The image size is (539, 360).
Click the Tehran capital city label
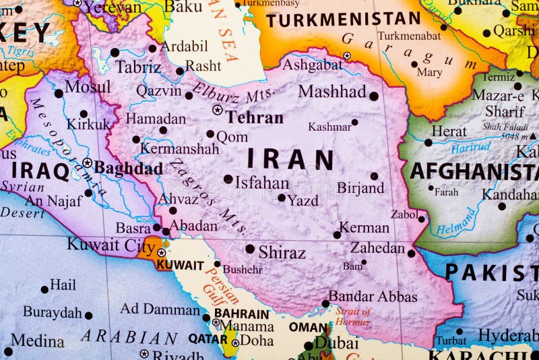click(x=254, y=117)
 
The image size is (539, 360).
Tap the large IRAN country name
click(x=290, y=160)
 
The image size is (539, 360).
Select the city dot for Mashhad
click(x=374, y=96)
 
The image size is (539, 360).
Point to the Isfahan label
click(x=261, y=182)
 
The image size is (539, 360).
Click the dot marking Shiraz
click(x=250, y=249)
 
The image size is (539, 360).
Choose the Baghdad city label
click(x=128, y=168)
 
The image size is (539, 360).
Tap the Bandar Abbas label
click(x=373, y=297)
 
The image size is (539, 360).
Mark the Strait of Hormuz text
click(x=353, y=317)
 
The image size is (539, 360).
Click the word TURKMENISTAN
click(x=343, y=20)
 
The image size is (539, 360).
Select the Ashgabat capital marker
click(x=347, y=56)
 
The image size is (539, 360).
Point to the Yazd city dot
click(x=282, y=198)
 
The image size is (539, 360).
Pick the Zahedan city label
click(x=377, y=247)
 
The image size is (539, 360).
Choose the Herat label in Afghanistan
click(x=449, y=131)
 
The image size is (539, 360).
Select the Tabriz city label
click(x=138, y=67)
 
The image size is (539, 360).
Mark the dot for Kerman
click(x=337, y=235)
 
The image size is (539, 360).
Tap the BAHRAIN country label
click(x=241, y=313)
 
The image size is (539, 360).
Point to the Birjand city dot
click(x=374, y=176)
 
